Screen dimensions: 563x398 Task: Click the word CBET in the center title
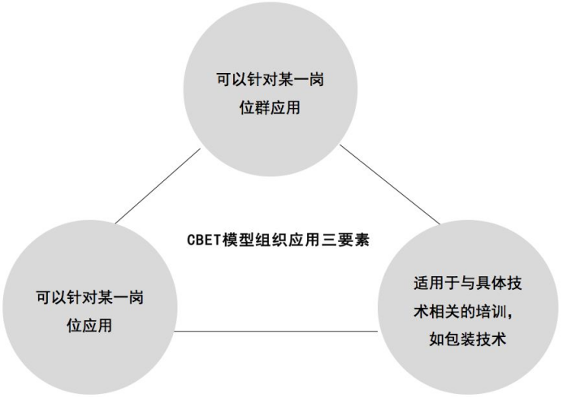(203, 240)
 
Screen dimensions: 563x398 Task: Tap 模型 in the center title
(238, 240)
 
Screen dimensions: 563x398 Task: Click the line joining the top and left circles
(158, 186)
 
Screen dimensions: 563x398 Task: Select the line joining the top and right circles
(390, 184)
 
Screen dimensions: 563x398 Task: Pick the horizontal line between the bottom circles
(275, 331)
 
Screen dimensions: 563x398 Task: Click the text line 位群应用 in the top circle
(270, 107)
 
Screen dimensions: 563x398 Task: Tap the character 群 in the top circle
(262, 107)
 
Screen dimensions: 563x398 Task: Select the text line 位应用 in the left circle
(89, 325)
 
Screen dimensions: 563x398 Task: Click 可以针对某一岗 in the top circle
(270, 79)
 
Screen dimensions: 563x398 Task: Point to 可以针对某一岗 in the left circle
(89, 297)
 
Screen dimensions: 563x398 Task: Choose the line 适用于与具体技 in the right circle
(467, 283)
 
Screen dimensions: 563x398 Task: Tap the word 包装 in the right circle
(460, 340)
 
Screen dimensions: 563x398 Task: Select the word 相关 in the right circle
(444, 311)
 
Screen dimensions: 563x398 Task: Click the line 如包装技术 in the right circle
(467, 340)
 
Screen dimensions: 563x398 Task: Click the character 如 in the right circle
(437, 340)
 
